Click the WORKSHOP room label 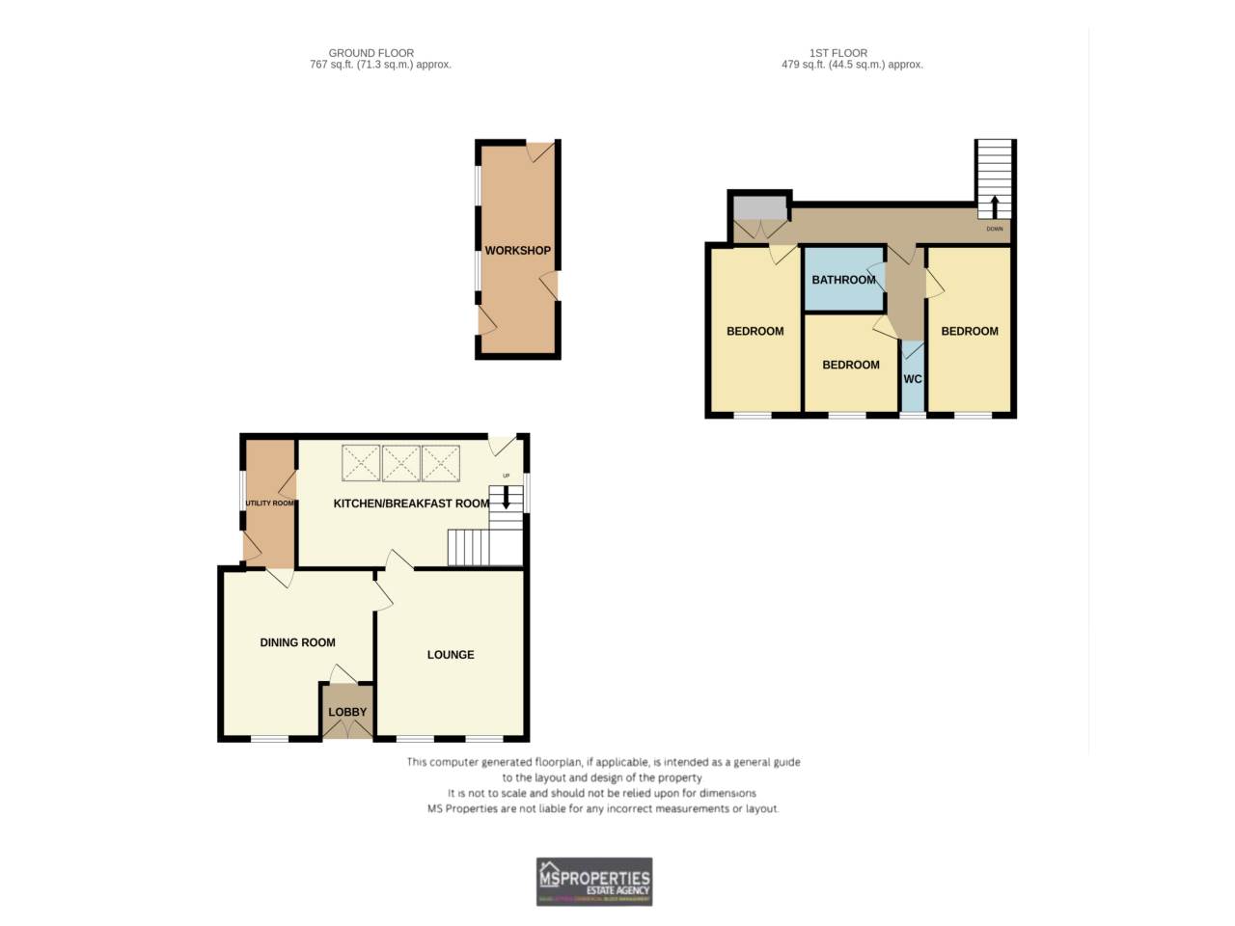[517, 251]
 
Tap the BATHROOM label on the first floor [843, 280]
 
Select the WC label [912, 379]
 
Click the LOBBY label [347, 712]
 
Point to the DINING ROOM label [297, 642]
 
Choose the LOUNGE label [451, 655]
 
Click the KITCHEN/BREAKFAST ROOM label [411, 504]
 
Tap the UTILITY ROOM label [269, 504]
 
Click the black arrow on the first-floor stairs [995, 205]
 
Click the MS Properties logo [594, 882]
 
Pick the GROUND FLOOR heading [371, 53]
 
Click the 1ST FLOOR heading [837, 53]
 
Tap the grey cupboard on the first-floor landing [759, 207]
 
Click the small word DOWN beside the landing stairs [995, 230]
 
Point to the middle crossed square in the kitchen [400, 463]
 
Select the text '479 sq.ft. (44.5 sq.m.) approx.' [852, 65]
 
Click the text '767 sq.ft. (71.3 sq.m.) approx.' [380, 65]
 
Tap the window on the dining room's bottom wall [270, 739]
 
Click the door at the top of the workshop [540, 150]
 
